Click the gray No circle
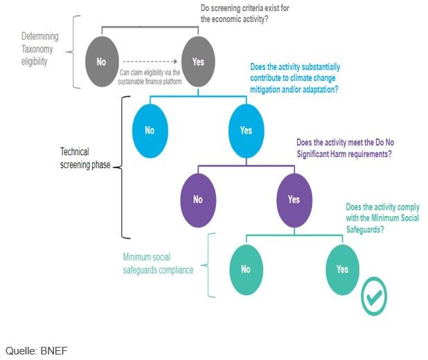coord(101,62)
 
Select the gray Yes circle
coord(198,62)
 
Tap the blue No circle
coord(150,130)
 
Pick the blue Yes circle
coord(246,130)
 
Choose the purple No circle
coord(198,199)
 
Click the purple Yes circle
coord(294,199)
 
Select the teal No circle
coord(246,269)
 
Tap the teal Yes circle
coord(342,269)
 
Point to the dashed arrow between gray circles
coord(148,62)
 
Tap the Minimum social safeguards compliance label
coord(157,264)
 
